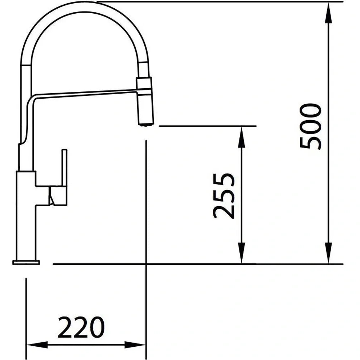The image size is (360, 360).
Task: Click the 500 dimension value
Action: point(310,126)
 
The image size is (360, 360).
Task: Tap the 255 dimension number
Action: point(224,196)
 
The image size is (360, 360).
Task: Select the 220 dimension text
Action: point(81,327)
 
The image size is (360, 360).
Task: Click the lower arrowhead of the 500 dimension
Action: point(329,256)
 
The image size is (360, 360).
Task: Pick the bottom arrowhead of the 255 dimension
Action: point(242,256)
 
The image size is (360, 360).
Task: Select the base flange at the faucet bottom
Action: point(26,262)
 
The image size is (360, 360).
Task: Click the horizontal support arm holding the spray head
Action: point(86,93)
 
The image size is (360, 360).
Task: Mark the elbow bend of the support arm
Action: point(30,99)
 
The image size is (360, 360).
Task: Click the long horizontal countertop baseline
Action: point(198,264)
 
